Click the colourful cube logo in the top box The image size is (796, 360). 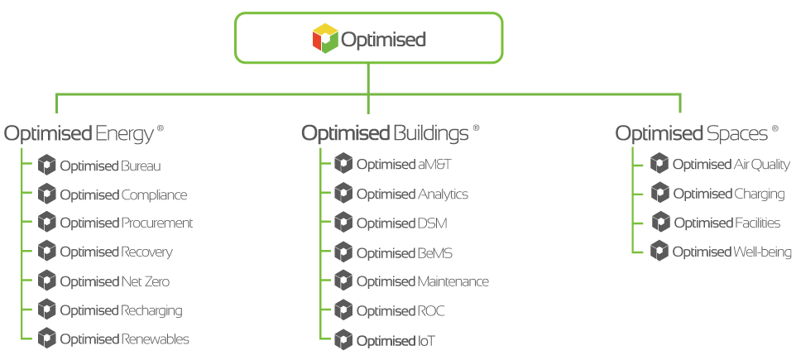(325, 38)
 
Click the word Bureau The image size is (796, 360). (141, 166)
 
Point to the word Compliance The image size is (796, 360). (154, 195)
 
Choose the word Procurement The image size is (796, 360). (157, 223)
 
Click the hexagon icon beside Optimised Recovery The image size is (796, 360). (46, 251)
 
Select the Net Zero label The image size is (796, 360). (145, 281)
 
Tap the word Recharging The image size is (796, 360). (151, 310)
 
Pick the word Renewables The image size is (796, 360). (155, 338)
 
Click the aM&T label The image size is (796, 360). (434, 165)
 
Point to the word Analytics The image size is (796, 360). (443, 194)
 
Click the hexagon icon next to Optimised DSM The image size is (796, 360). (343, 223)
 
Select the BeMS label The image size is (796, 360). (434, 253)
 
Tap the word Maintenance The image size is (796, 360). (453, 281)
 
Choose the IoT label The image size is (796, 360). (426, 341)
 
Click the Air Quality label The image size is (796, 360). (761, 165)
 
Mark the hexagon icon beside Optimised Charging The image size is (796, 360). (660, 193)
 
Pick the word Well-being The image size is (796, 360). (762, 252)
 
